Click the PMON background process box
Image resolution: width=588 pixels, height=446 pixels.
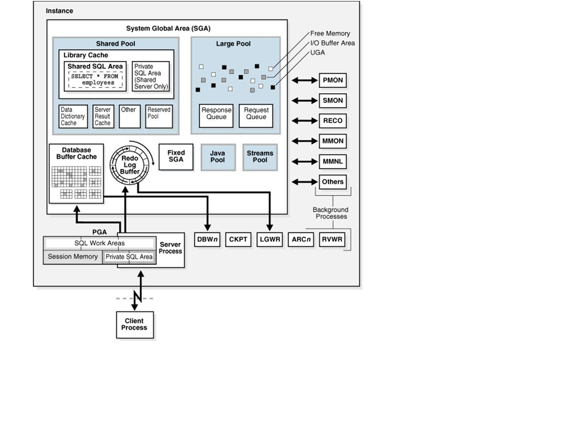(x=333, y=80)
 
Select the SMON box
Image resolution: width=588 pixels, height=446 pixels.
(x=333, y=101)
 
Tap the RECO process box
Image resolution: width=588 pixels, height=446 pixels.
(x=333, y=121)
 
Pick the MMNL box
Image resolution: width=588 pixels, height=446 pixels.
(x=333, y=161)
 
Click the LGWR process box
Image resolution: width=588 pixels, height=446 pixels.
(x=270, y=240)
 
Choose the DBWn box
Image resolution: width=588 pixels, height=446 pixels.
(x=208, y=240)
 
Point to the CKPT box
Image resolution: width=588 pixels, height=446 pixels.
(x=238, y=240)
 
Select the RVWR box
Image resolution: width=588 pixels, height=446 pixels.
(x=332, y=240)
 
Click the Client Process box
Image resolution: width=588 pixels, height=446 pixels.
(x=134, y=324)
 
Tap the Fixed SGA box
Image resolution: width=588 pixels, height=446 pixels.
(x=176, y=156)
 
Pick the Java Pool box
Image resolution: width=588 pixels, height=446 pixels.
(x=218, y=157)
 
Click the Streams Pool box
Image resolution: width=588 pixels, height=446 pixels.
(x=260, y=157)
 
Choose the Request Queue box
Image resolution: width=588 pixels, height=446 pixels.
(x=256, y=116)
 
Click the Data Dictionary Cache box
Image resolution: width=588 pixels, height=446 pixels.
(x=73, y=117)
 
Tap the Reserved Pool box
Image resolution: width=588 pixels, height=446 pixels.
(x=159, y=117)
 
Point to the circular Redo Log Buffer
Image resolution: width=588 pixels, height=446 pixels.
(x=129, y=164)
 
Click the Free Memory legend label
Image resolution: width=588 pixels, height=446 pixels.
(x=330, y=34)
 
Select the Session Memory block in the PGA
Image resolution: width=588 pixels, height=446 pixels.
(x=73, y=257)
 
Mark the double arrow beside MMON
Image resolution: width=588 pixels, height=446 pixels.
(x=304, y=141)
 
